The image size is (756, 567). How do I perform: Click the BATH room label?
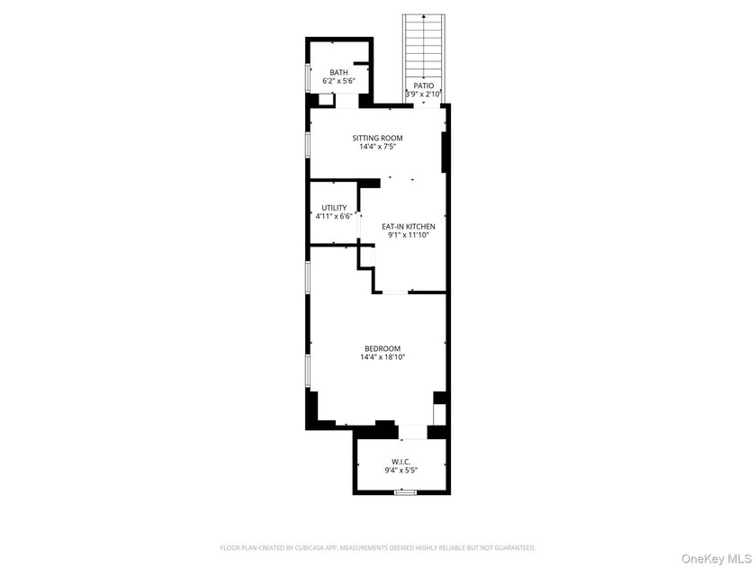coord(339,72)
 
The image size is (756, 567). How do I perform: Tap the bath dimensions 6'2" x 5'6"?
coord(339,81)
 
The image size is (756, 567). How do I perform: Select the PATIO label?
coord(423,85)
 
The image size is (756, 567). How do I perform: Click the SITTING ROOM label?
coord(377,138)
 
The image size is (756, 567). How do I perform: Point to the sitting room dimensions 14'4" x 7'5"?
coord(377,147)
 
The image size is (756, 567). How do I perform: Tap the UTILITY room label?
coord(334,208)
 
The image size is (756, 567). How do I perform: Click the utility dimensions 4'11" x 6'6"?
coord(334,217)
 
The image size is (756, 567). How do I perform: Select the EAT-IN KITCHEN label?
coord(409,226)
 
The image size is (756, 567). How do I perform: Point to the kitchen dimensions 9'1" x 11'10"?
coord(409,235)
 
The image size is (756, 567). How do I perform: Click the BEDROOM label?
coord(382,348)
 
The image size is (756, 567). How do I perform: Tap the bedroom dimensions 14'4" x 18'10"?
coord(382,357)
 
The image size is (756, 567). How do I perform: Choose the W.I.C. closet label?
coord(401,462)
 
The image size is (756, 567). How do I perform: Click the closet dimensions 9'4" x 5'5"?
coord(401,471)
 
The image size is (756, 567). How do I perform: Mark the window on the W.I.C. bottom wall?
coord(405,492)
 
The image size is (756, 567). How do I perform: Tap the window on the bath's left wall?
coord(308,77)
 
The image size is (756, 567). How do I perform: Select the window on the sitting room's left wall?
coord(308,144)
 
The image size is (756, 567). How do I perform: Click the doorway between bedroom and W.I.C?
coord(413,432)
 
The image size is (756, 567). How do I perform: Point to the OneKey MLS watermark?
coord(716,559)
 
